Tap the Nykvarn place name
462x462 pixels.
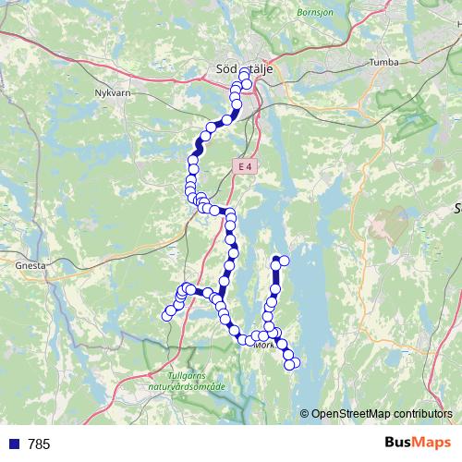114,93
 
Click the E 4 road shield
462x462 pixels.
243,166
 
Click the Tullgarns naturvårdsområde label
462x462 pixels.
198,382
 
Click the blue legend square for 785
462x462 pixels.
13,444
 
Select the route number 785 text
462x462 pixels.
39,444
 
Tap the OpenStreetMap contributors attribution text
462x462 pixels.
382,413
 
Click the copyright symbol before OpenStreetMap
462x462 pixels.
304,413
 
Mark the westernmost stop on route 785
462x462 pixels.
167,316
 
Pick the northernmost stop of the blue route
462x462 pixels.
245,73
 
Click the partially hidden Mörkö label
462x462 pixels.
264,346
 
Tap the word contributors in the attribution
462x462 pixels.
424,413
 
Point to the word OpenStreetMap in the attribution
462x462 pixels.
352,413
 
